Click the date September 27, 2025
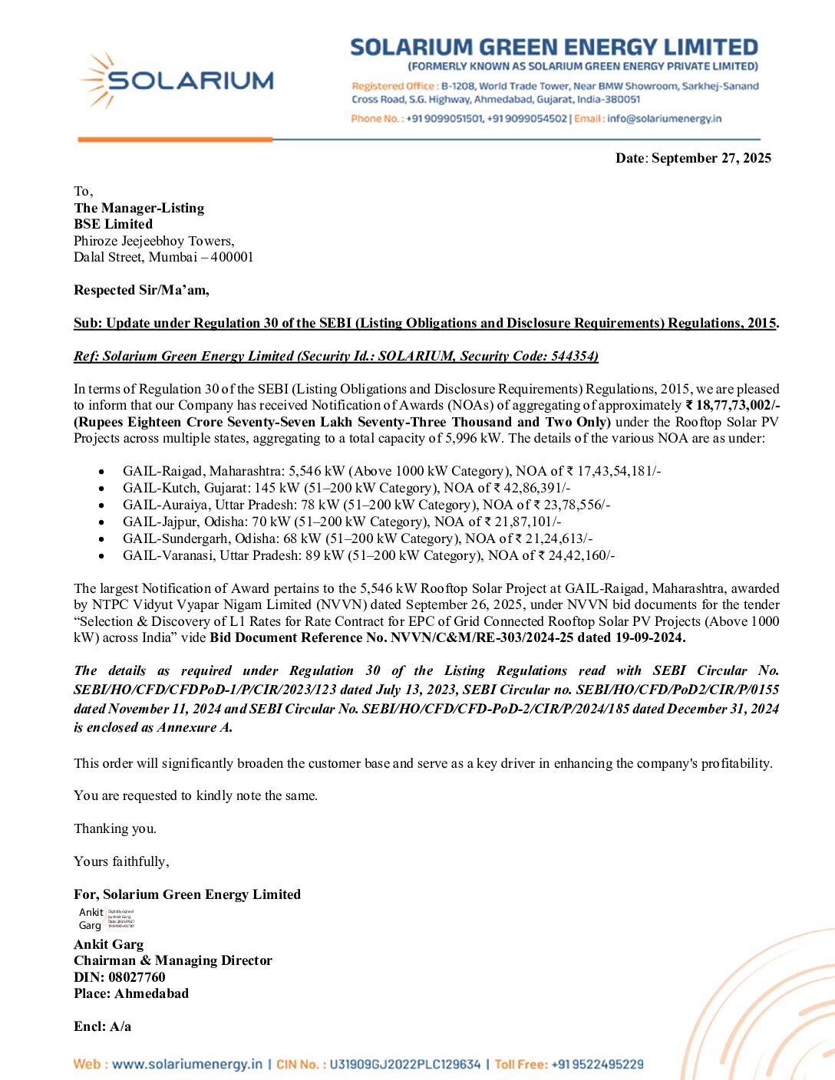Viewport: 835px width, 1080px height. tap(711, 158)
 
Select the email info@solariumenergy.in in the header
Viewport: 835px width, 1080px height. tap(664, 119)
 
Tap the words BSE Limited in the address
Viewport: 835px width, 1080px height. tap(113, 224)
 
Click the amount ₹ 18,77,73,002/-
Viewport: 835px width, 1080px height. tap(732, 405)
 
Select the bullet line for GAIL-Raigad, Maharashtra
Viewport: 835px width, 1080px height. tap(391, 471)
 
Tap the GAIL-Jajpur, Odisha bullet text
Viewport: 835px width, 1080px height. tap(342, 522)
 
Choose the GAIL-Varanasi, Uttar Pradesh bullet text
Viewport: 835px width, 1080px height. tap(368, 555)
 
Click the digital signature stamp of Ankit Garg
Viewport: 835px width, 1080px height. tap(107, 919)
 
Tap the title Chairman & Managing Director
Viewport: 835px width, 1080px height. tap(173, 960)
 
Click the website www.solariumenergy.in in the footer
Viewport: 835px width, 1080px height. tap(186, 1065)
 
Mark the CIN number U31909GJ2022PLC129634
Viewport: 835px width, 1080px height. tap(404, 1065)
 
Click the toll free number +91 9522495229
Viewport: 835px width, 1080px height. tap(597, 1065)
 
